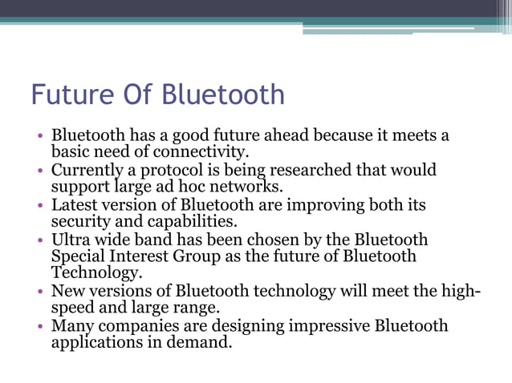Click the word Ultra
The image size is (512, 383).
pos(71,240)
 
